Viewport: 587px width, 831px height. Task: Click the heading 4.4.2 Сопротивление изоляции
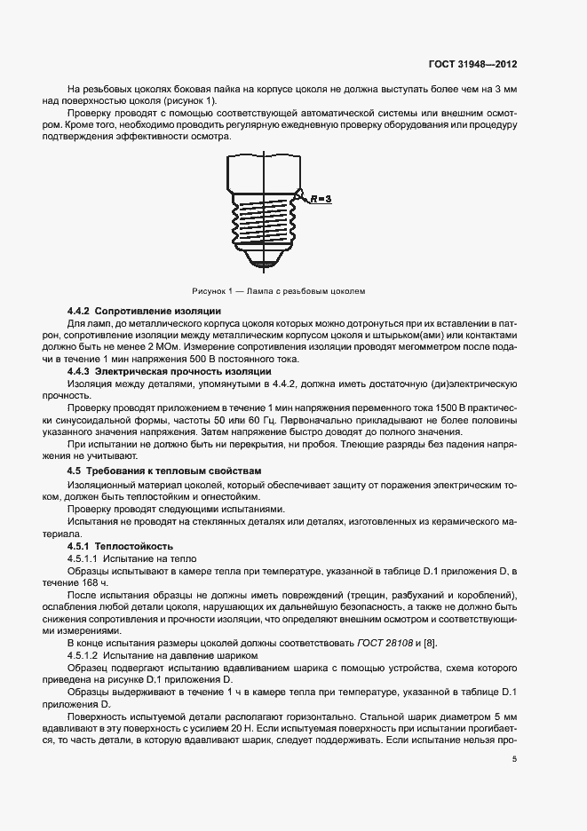[x=144, y=312]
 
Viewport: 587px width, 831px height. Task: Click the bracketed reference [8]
[x=431, y=643]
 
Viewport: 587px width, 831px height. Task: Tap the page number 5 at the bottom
[x=514, y=758]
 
